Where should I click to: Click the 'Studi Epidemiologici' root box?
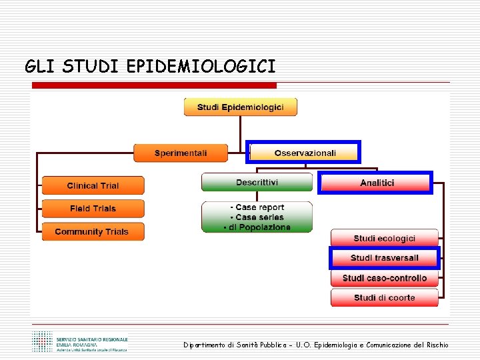pyautogui.click(x=240, y=107)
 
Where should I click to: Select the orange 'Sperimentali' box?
pyautogui.click(x=181, y=153)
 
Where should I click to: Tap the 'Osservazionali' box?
pyautogui.click(x=304, y=153)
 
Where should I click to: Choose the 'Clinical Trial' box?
pyautogui.click(x=93, y=185)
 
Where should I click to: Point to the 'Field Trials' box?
pyautogui.click(x=93, y=209)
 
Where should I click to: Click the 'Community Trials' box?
pyautogui.click(x=93, y=232)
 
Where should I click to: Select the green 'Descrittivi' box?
pyautogui.click(x=257, y=182)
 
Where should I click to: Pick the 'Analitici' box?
pyautogui.click(x=376, y=183)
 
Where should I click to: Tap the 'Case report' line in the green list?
pyautogui.click(x=257, y=207)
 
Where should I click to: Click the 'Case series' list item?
pyautogui.click(x=257, y=217)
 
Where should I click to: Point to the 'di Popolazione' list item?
pyautogui.click(x=257, y=227)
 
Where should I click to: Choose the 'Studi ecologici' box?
pyautogui.click(x=385, y=238)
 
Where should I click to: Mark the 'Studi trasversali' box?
pyautogui.click(x=385, y=258)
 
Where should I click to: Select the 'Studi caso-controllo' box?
pyautogui.click(x=385, y=278)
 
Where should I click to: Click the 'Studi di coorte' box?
pyautogui.click(x=385, y=297)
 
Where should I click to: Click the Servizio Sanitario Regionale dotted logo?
pyautogui.click(x=43, y=341)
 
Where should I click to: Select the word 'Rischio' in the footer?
pyautogui.click(x=434, y=345)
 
